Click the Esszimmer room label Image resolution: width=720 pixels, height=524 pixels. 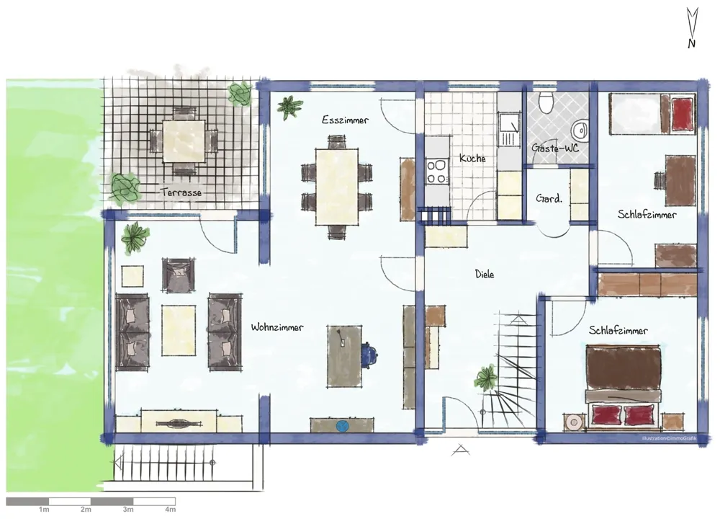tap(345, 120)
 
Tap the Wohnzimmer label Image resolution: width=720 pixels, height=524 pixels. tap(277, 327)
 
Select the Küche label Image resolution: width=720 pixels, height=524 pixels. tap(472, 158)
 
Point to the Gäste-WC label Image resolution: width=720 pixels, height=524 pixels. tap(555, 148)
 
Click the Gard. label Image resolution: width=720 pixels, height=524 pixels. tap(549, 198)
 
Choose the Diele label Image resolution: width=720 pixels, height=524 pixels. tap(485, 275)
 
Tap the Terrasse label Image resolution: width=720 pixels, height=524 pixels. tap(181, 192)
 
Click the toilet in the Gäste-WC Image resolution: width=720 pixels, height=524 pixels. tap(546, 102)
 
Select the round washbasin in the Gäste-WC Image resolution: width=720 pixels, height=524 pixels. tap(581, 130)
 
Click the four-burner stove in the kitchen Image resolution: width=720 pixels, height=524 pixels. tap(437, 172)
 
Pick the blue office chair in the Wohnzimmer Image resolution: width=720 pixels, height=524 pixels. tap(369, 354)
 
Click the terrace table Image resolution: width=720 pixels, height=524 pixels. tap(184, 141)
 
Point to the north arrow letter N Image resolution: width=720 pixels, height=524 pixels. tap(691, 44)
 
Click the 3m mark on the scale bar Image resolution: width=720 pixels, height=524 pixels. tap(128, 510)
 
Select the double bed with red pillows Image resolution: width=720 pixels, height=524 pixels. tap(624, 386)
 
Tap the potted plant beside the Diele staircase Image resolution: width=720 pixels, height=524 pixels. tap(486, 378)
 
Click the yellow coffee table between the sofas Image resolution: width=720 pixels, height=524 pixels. tap(179, 331)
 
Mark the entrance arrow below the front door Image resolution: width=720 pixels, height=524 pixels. tap(460, 450)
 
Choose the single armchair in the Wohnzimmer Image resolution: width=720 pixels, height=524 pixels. tap(178, 275)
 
